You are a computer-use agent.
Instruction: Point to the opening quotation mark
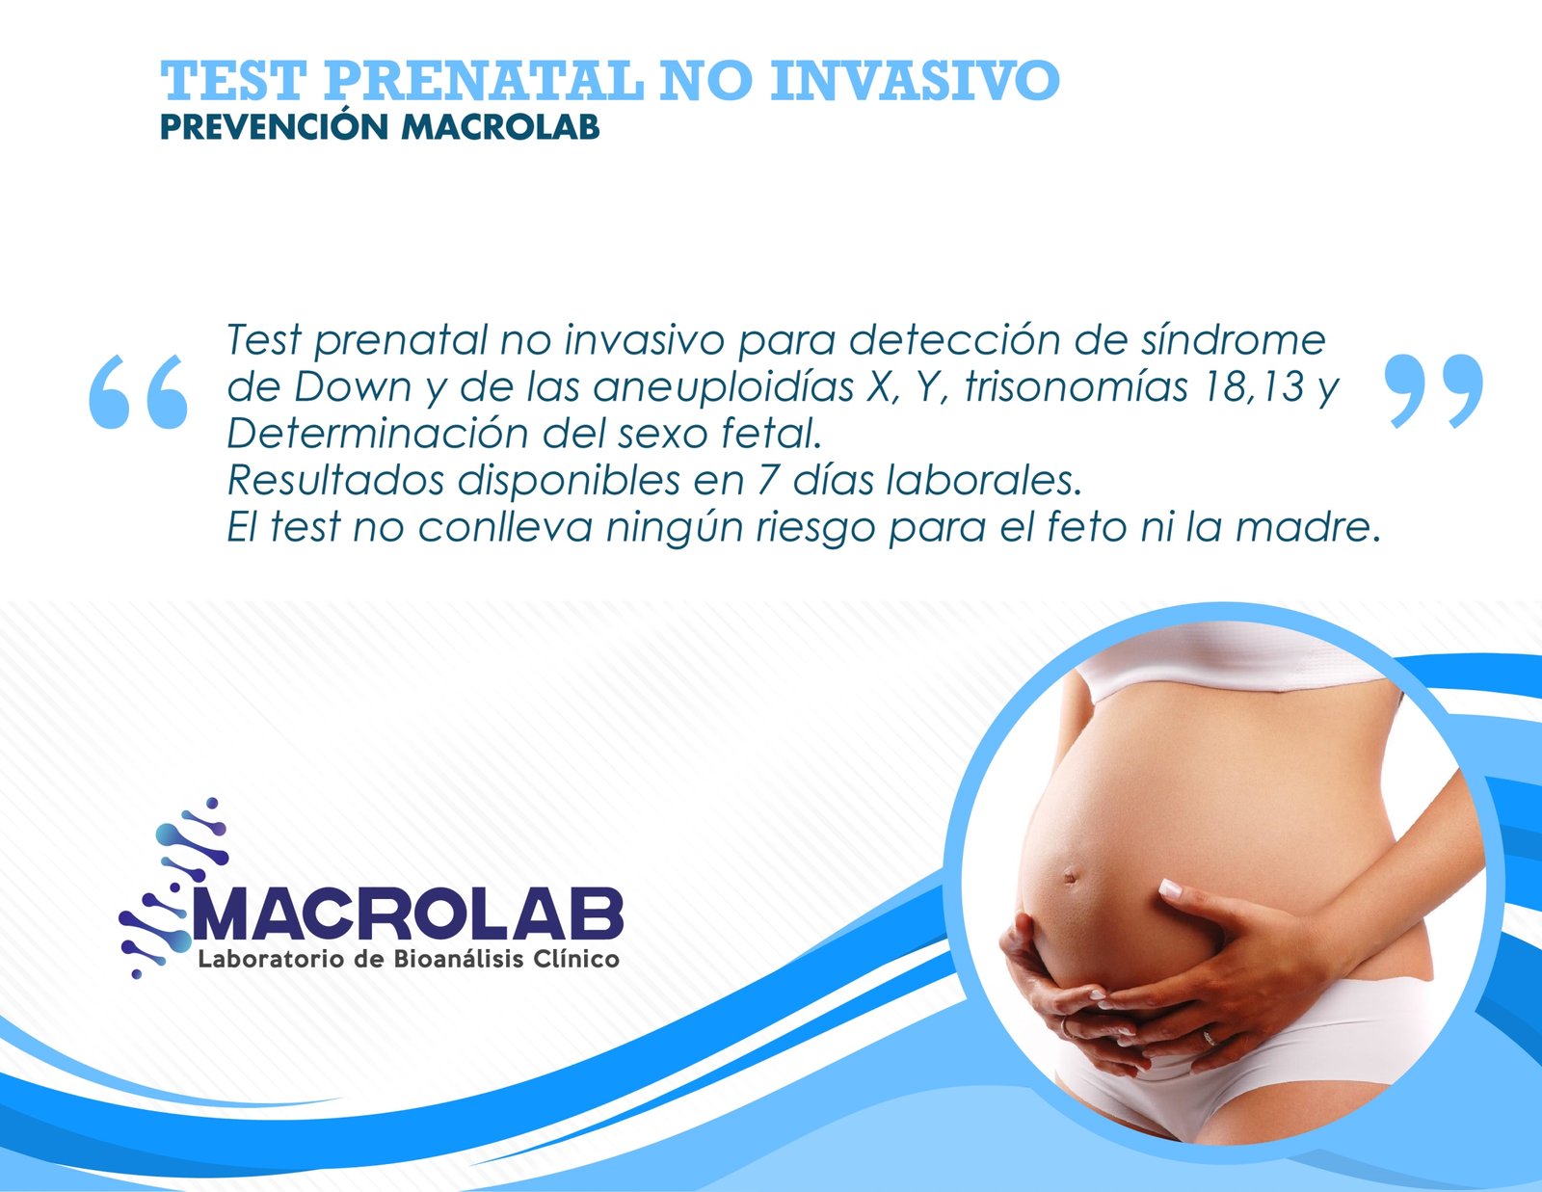139,392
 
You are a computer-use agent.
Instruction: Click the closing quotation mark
1434,391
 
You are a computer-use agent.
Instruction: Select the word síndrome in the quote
1234,340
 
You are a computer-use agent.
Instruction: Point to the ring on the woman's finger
1210,1039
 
